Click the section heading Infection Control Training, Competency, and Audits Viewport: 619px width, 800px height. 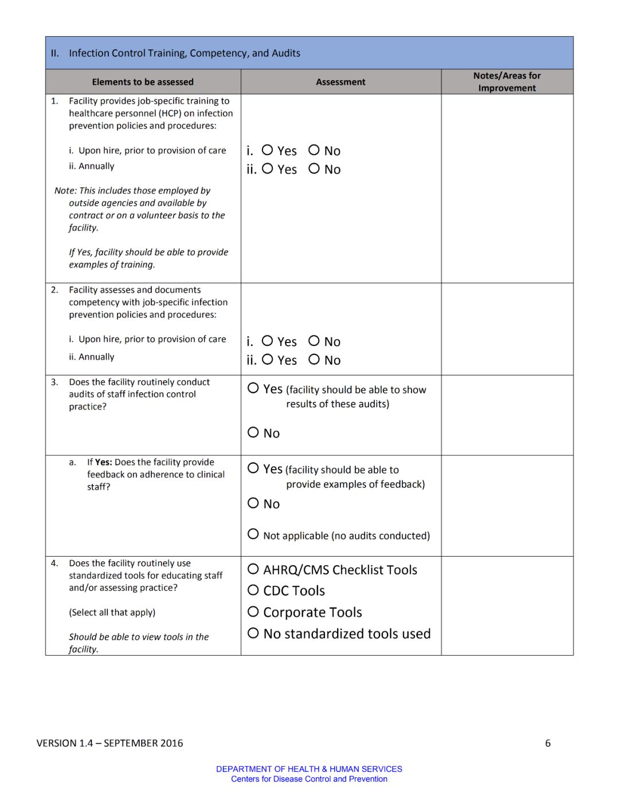coord(185,53)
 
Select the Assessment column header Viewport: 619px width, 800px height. coord(340,82)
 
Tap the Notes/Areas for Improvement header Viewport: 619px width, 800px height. coord(507,82)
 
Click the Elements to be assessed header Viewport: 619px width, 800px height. coord(143,82)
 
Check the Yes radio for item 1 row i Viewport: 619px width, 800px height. coord(267,150)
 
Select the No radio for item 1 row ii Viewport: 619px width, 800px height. coord(314,168)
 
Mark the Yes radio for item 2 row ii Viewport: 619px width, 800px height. coord(267,360)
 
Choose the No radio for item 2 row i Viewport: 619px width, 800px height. coord(314,341)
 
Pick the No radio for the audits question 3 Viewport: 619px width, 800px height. coord(253,432)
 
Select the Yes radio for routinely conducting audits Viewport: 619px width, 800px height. coord(253,388)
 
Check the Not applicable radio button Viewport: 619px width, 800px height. coord(253,534)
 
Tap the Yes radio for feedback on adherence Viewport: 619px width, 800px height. coord(253,468)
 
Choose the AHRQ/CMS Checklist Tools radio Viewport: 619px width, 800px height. coord(253,569)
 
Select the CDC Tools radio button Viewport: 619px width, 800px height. coord(253,590)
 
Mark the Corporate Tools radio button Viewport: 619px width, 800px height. coord(253,612)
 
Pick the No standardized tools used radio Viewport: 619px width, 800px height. coord(253,633)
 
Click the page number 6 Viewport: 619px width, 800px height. coord(548,743)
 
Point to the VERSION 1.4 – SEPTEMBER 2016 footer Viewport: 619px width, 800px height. coord(109,743)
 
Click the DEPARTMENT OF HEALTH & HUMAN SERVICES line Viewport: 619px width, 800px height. coord(309,769)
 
